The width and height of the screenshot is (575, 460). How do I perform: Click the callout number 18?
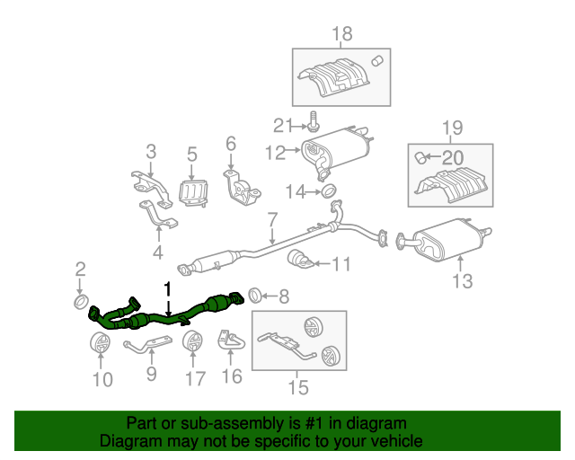click(343, 35)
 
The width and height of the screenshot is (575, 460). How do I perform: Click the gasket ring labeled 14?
click(329, 190)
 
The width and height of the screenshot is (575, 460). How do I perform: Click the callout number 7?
click(272, 217)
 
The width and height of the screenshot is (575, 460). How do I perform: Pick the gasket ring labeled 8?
click(254, 294)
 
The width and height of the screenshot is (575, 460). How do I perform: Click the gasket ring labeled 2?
click(80, 300)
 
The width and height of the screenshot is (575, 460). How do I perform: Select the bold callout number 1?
click(166, 288)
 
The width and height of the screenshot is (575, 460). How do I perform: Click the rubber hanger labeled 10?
click(100, 343)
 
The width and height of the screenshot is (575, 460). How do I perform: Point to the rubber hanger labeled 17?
click(192, 343)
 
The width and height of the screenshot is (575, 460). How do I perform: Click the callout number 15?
click(297, 387)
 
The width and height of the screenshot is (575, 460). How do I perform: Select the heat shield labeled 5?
click(194, 192)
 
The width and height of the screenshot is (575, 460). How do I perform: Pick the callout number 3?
click(150, 150)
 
